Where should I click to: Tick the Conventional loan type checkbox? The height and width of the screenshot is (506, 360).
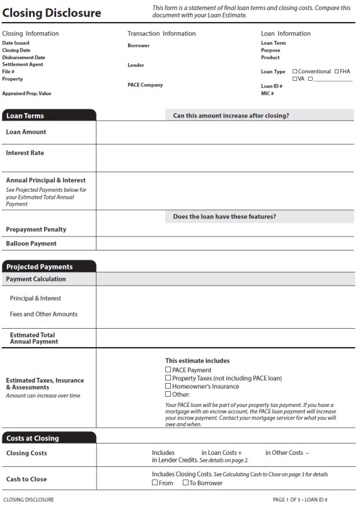point(295,72)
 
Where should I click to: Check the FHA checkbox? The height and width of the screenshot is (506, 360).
point(337,72)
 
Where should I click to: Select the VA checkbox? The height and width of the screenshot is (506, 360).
point(295,79)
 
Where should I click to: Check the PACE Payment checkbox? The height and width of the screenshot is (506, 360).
point(168,370)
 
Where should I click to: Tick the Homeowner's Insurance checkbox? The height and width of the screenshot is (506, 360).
point(168,386)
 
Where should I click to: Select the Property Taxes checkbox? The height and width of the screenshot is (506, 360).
point(168,378)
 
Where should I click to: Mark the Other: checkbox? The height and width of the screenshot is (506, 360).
point(168,394)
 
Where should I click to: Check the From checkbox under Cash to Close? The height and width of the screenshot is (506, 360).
point(155,483)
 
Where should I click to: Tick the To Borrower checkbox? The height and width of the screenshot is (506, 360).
point(185,483)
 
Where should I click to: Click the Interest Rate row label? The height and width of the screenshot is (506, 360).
point(25,153)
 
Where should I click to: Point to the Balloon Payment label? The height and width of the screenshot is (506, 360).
point(32,244)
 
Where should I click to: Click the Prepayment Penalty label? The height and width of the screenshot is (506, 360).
point(36,230)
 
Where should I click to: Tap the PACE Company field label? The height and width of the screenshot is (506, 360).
point(145,85)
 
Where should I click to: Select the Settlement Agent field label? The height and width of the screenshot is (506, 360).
point(23,64)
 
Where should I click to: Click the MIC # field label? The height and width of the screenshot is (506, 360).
point(267,93)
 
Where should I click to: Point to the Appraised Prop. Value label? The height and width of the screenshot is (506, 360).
point(26,93)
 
